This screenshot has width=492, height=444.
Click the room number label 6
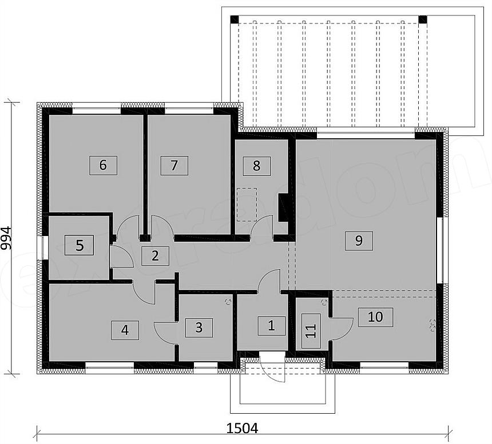click(x=103, y=165)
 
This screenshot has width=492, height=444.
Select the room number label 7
click(x=174, y=165)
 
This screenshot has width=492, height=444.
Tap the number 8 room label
click(x=256, y=166)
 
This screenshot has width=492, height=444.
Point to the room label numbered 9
click(x=359, y=240)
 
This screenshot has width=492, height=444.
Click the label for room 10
click(x=375, y=317)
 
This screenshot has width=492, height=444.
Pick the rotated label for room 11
click(x=311, y=333)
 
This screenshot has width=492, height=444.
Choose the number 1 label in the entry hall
click(x=271, y=326)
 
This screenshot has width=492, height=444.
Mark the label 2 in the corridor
click(x=155, y=255)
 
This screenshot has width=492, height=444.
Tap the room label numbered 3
click(x=199, y=327)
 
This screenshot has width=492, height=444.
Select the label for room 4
click(x=125, y=330)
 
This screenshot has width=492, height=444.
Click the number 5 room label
click(x=80, y=246)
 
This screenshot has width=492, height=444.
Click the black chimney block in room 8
click(x=283, y=208)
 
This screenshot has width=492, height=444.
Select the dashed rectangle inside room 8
click(x=247, y=205)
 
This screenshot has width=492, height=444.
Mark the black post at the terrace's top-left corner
click(x=234, y=19)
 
